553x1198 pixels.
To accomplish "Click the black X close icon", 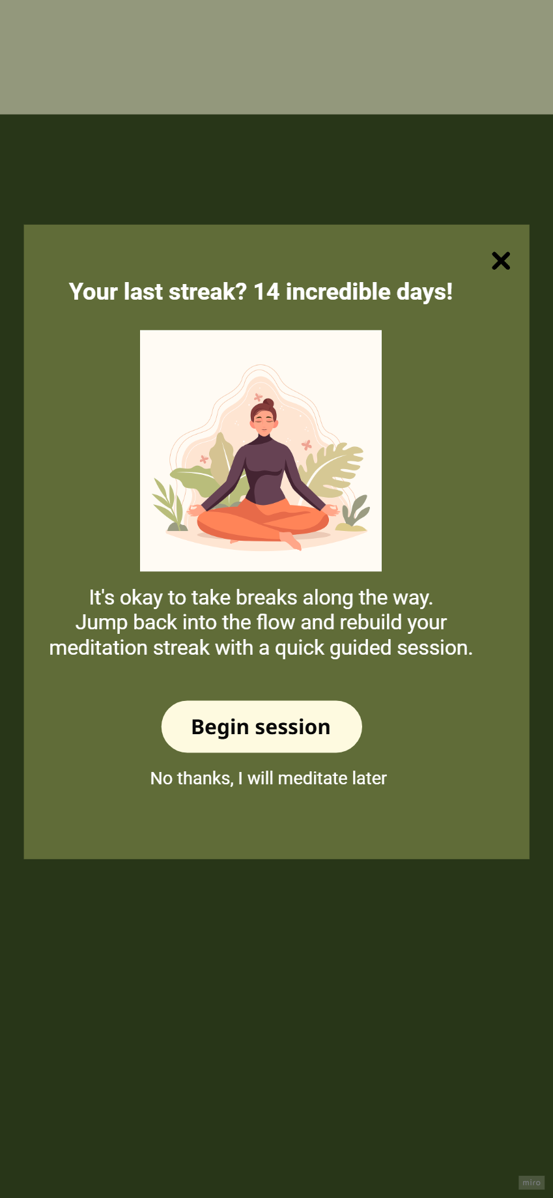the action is (x=501, y=261).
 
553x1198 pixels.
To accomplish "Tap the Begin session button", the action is (x=261, y=726).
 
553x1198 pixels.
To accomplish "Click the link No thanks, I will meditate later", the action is (x=268, y=778).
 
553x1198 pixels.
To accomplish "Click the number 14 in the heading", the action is (x=266, y=292).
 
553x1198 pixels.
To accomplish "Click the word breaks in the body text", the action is (x=266, y=597).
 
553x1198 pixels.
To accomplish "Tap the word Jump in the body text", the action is (x=101, y=623).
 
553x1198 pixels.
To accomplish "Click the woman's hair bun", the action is (x=268, y=403).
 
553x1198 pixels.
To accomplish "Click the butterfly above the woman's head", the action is (x=258, y=397).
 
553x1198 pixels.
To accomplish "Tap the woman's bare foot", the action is (x=291, y=541).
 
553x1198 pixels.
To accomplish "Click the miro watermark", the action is (x=532, y=1182).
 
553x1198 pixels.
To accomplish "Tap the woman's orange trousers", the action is (x=263, y=521).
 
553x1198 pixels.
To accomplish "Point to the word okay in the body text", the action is (x=141, y=597).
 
